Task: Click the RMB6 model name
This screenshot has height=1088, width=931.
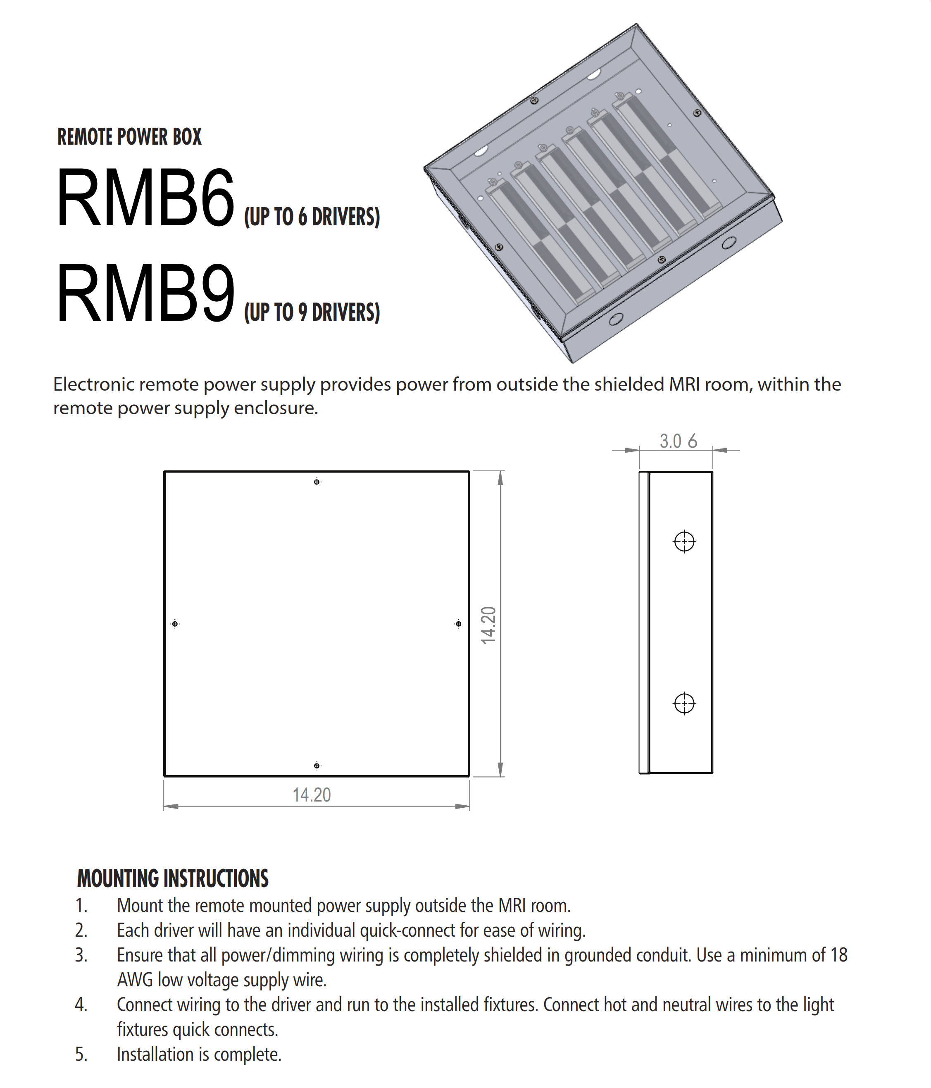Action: pos(145,198)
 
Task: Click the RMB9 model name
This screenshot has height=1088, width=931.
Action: pos(145,294)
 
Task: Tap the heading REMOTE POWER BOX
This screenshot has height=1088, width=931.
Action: pos(129,137)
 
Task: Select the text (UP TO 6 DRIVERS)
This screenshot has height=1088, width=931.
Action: pos(312,217)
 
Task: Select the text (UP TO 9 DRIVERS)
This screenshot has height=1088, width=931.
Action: pos(312,313)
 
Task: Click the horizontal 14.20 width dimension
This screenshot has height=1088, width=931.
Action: pos(312,795)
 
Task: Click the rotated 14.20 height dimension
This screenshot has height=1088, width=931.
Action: pos(488,625)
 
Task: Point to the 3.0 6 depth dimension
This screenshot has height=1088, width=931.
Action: pos(678,441)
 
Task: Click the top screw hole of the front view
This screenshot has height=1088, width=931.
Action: pos(317,482)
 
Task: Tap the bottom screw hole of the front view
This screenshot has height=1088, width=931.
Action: pos(317,766)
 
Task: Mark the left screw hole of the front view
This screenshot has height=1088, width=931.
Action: pos(175,624)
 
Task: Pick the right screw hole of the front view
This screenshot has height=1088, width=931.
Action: pos(458,624)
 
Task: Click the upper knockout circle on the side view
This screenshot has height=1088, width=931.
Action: pos(684,542)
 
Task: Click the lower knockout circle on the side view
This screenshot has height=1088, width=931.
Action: pos(684,703)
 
